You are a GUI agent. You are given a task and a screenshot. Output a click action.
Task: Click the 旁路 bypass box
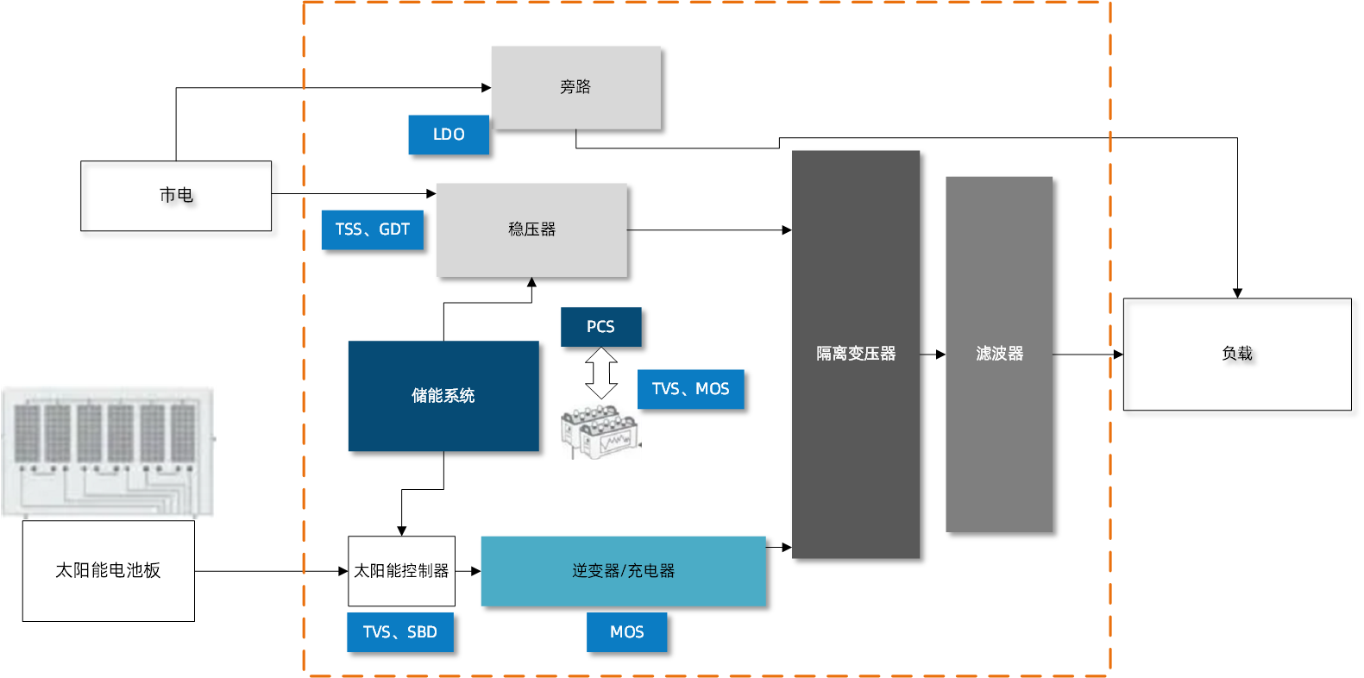[x=575, y=87]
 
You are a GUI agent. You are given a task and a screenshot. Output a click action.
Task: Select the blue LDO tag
[x=449, y=135]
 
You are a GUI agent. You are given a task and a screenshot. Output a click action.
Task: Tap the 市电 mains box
[x=176, y=196]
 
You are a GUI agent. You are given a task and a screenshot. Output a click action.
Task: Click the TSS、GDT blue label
[x=373, y=229]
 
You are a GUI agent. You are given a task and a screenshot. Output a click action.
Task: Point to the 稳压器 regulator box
[x=531, y=229]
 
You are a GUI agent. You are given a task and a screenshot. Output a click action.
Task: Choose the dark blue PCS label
[x=600, y=327]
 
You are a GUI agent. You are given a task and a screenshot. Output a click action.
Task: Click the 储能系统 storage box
[x=443, y=396]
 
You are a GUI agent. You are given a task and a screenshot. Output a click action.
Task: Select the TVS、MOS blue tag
[x=690, y=389]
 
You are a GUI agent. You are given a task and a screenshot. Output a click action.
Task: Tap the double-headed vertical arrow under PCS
[x=601, y=373]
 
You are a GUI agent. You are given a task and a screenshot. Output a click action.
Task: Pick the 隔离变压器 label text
[x=856, y=354]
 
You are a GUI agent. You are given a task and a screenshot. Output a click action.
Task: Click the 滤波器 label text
[x=999, y=354]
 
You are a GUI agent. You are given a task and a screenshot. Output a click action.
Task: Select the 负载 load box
[x=1236, y=354]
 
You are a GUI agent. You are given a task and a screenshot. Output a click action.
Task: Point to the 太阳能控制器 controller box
[x=401, y=571]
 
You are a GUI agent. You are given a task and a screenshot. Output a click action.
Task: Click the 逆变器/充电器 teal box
[x=623, y=571]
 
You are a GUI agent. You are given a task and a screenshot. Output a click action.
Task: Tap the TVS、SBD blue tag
[x=400, y=632]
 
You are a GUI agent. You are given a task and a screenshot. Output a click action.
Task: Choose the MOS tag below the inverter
[x=626, y=632]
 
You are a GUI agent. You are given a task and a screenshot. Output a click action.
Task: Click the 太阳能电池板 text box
[x=108, y=570]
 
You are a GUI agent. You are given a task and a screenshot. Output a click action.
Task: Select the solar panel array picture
[x=108, y=451]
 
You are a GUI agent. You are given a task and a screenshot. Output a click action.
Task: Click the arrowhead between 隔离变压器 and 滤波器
[x=940, y=355]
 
